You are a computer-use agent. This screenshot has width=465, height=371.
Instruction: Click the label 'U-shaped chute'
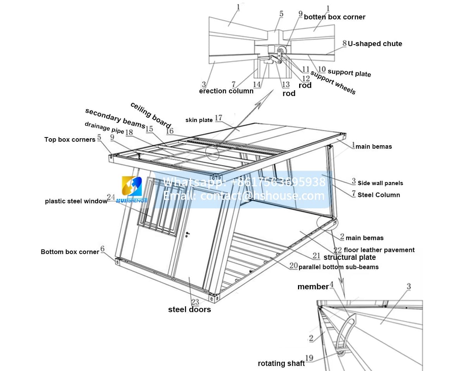coord(375,44)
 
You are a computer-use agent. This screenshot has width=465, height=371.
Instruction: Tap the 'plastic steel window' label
coord(76,201)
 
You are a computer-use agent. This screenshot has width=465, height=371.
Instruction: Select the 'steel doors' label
coord(189,309)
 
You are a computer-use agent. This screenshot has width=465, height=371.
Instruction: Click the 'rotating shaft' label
coord(281,363)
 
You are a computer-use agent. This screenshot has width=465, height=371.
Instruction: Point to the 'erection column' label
coord(226,91)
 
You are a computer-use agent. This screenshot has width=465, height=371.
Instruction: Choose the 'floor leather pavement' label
coord(379,250)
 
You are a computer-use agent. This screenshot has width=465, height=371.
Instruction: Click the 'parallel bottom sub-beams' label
coord(338,267)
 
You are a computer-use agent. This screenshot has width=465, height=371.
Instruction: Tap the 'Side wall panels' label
coord(380,183)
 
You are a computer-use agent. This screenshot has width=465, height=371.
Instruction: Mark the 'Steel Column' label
coord(379,195)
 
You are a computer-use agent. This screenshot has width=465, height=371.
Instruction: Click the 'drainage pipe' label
coord(104,128)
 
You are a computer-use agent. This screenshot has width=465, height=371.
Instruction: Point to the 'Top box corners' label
coord(70,139)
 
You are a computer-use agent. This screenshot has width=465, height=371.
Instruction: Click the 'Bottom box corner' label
coord(70,252)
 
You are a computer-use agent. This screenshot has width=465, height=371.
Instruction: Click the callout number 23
coord(195,302)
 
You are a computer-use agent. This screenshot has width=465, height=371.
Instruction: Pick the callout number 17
coord(219,118)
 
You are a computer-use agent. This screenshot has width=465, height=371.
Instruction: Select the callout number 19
coord(309,359)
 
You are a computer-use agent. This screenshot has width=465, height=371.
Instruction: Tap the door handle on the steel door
coord(188,234)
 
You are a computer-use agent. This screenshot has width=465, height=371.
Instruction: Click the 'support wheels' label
coord(333,82)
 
